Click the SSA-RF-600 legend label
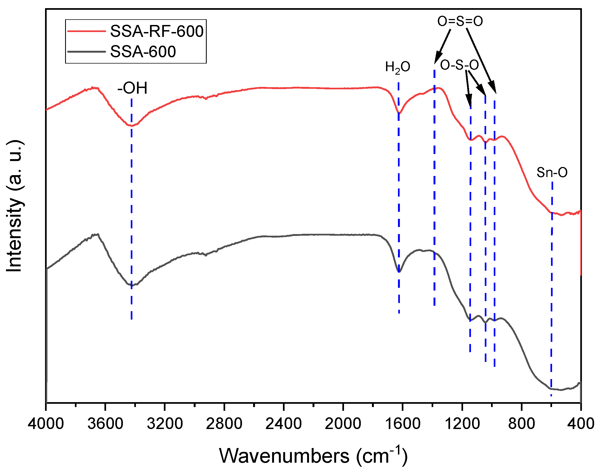[x=157, y=31]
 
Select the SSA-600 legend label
[x=143, y=52]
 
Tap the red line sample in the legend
[x=87, y=31]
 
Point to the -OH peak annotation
[x=132, y=88]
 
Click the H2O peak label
[x=398, y=67]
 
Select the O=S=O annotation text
[x=460, y=21]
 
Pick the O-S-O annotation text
[x=459, y=65]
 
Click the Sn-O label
[x=552, y=172]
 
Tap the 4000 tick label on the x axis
[x=46, y=424]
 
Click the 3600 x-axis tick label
[x=105, y=424]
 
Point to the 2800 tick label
[x=224, y=424]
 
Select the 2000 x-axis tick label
[x=343, y=424]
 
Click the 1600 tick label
[x=402, y=424]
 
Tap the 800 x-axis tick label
[x=521, y=424]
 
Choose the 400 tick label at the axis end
[x=581, y=424]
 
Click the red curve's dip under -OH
[x=131, y=126]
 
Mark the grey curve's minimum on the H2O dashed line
[x=399, y=272]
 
